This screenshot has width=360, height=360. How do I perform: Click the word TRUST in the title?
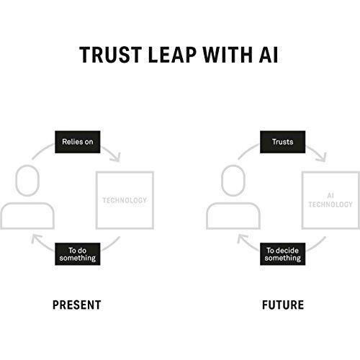click(x=111, y=55)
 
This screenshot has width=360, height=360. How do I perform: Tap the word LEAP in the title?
click(x=172, y=55)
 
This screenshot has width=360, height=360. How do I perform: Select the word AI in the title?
click(x=269, y=55)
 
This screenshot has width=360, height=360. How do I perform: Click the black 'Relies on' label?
click(x=78, y=142)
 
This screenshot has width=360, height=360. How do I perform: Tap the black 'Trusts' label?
click(x=283, y=142)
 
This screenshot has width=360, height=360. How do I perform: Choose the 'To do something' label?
click(x=78, y=254)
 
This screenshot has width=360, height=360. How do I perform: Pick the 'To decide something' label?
click(x=283, y=254)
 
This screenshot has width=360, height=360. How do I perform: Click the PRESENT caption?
click(x=77, y=305)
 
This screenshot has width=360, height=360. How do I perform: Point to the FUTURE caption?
click(x=283, y=305)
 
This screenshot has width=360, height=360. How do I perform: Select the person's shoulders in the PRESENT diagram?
click(x=27, y=204)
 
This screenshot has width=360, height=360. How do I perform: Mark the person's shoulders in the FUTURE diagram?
click(x=233, y=204)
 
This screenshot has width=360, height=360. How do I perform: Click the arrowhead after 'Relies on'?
click(x=116, y=158)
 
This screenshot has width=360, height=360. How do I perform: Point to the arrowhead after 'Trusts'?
click(x=322, y=158)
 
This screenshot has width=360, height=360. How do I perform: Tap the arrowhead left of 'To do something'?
click(x=36, y=238)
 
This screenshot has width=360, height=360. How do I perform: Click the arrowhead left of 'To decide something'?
click(x=242, y=238)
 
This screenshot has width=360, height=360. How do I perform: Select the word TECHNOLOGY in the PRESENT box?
click(x=125, y=200)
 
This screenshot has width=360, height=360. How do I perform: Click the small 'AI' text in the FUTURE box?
click(x=330, y=196)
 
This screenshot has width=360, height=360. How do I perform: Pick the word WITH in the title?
click(x=228, y=55)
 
